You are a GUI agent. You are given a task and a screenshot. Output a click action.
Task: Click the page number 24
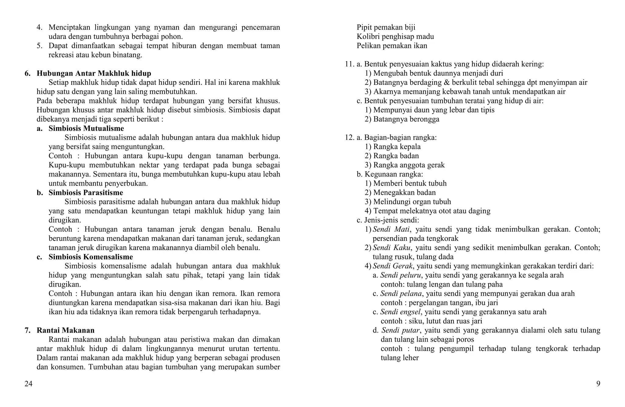[28, 384]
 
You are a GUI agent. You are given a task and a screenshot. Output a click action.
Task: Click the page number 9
[598, 384]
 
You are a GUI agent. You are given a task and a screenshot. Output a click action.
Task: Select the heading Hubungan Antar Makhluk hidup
[94, 73]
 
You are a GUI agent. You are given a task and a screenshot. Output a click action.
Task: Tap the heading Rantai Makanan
[65, 330]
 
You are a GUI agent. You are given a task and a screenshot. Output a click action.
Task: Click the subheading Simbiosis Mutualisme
[86, 128]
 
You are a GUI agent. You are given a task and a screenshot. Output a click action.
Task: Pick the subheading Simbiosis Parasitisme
[86, 193]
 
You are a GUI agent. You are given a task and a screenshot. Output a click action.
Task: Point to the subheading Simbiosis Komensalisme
[91, 257]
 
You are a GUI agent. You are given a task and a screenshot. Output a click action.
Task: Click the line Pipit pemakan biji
[386, 27]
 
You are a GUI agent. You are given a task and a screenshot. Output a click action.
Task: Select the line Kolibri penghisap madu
[395, 37]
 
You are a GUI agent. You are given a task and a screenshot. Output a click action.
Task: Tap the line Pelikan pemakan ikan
[392, 46]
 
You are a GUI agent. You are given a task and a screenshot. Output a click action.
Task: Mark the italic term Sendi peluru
[401, 275]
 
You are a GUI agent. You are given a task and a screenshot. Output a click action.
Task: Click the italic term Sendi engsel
[400, 312]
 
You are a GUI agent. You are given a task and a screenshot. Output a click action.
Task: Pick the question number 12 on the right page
[349, 137]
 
